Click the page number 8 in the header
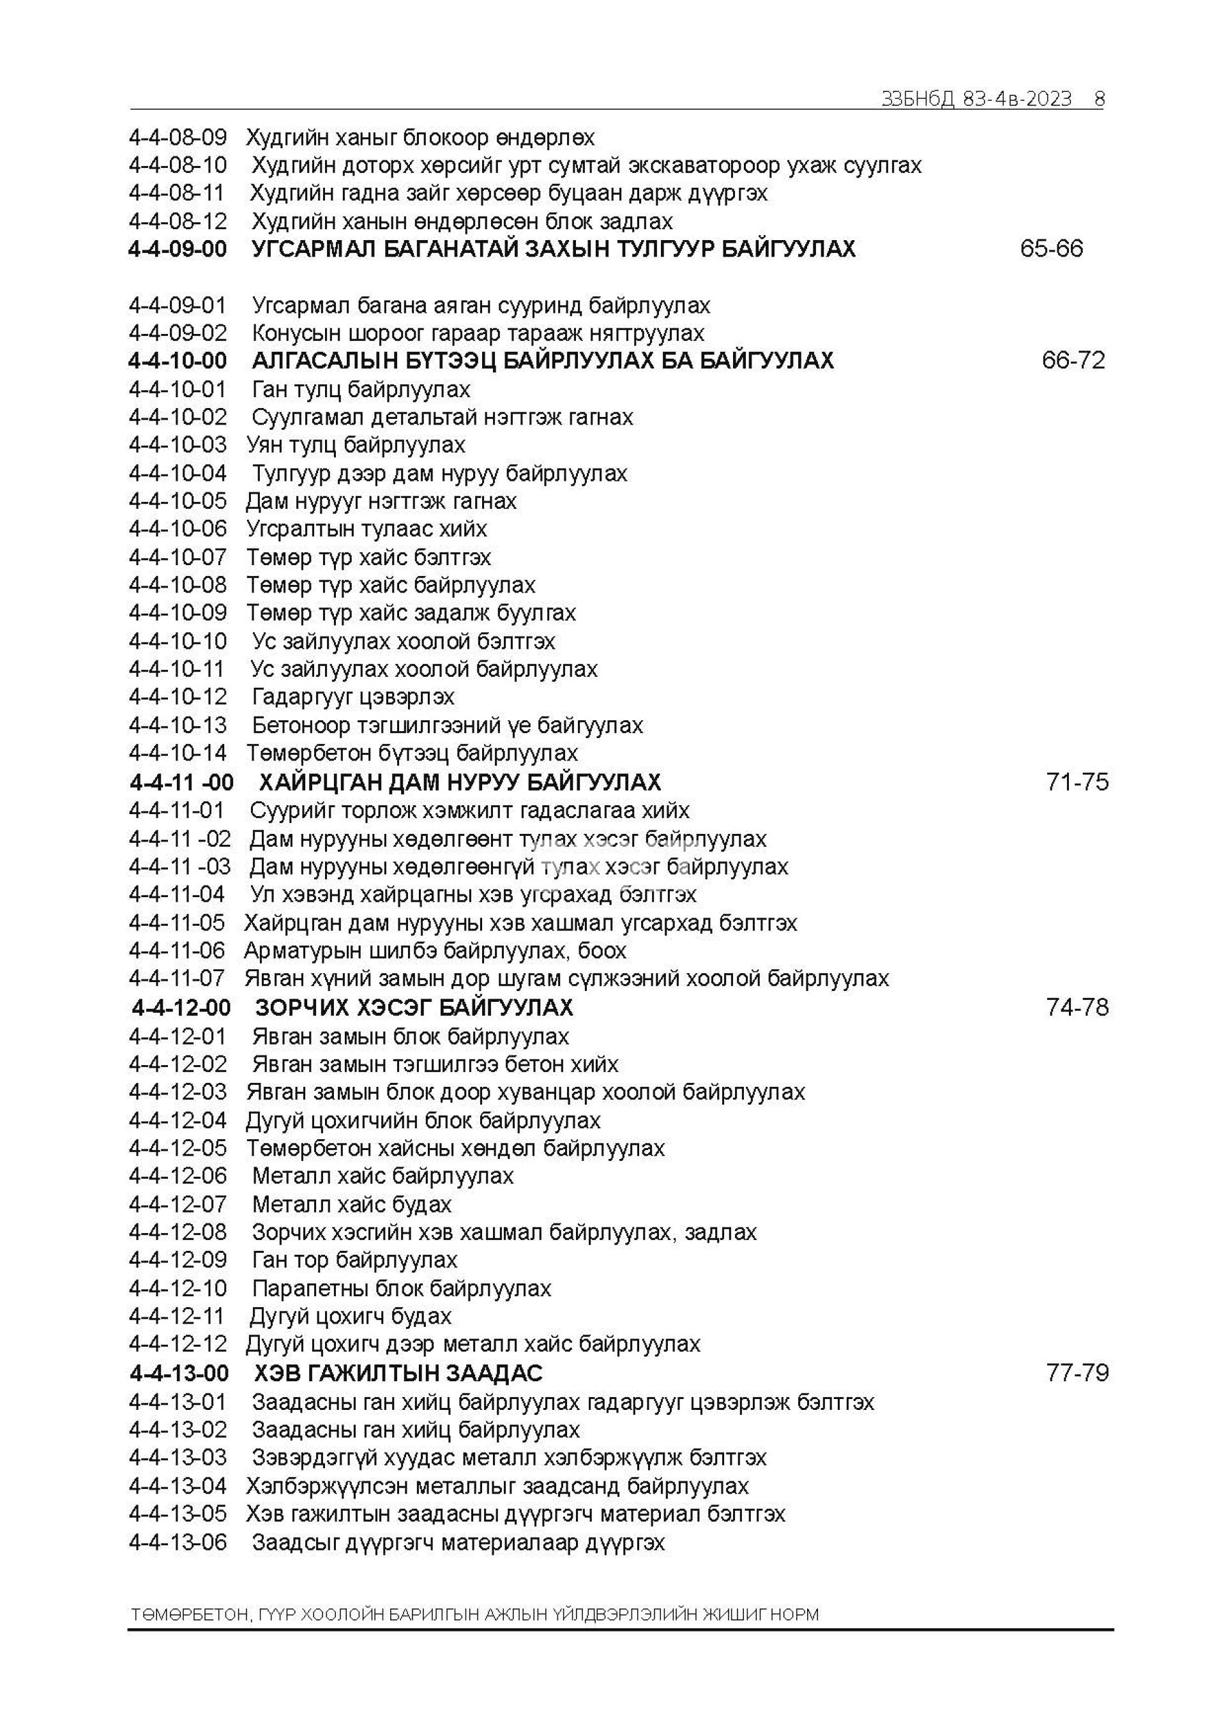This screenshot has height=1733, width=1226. [x=1099, y=99]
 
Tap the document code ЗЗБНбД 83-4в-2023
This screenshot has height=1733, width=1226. [x=976, y=99]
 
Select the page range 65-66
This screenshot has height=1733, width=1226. [x=1051, y=248]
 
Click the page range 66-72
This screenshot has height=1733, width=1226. [x=1073, y=360]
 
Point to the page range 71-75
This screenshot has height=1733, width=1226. [x=1077, y=782]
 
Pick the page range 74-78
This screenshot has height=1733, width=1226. [x=1077, y=1008]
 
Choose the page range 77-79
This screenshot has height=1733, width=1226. [x=1077, y=1373]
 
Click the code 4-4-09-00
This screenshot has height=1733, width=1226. [x=178, y=249]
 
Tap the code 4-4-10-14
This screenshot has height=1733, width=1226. [x=178, y=753]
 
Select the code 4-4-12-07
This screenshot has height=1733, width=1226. [x=178, y=1205]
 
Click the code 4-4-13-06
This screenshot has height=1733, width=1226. [x=178, y=1543]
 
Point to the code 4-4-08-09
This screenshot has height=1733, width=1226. [x=178, y=137]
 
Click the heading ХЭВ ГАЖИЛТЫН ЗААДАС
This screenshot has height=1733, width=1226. [x=398, y=1373]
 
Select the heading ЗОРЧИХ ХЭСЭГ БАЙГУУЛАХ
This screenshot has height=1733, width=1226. [x=414, y=1008]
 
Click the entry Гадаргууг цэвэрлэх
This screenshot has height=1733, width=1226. [x=353, y=697]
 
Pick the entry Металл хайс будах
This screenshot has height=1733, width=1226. [x=352, y=1205]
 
